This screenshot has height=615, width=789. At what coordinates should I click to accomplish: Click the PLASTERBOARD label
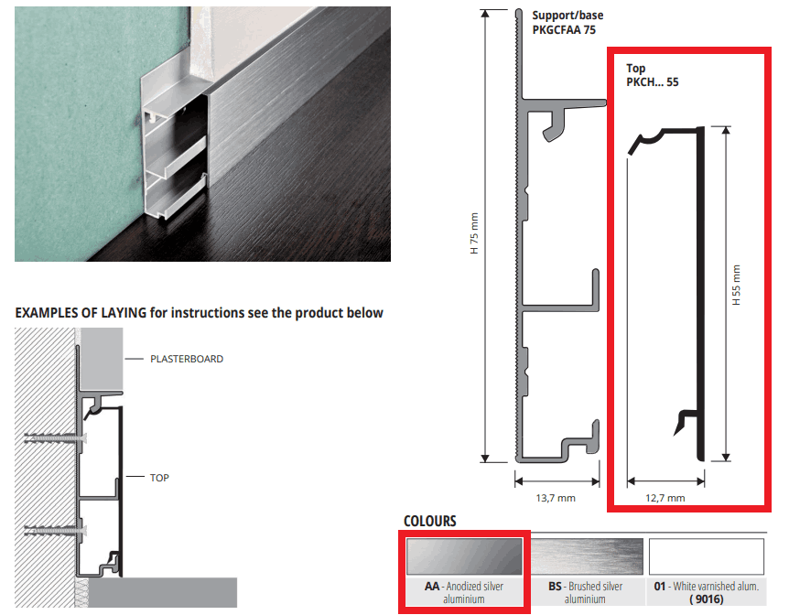[x=187, y=359]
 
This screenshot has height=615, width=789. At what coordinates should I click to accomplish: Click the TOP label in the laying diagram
[x=159, y=478]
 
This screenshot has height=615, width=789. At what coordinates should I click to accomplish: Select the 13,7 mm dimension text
[x=556, y=498]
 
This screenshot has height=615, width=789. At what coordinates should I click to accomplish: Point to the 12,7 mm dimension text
[x=665, y=498]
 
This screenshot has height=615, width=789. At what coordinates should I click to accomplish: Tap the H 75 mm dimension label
[x=474, y=233]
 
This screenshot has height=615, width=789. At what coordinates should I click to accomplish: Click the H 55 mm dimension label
[x=736, y=285]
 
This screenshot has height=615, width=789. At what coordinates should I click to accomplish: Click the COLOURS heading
[x=430, y=521]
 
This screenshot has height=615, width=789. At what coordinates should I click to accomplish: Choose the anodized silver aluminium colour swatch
[x=464, y=556]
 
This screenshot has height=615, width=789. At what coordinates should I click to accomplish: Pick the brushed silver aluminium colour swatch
[x=587, y=556]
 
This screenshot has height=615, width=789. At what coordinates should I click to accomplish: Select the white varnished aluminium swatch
[x=707, y=556]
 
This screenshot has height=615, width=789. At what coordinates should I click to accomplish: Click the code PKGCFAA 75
[x=564, y=30]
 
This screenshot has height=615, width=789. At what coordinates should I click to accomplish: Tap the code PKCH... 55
[x=652, y=82]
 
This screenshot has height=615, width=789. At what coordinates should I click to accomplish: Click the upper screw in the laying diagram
[x=55, y=438]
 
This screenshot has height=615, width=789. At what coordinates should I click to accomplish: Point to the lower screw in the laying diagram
[x=55, y=531]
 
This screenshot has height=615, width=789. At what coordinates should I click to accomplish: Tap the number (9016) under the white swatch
[x=707, y=599]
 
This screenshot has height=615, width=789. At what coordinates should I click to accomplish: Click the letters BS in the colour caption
[x=555, y=587]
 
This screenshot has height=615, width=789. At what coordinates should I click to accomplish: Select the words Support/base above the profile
[x=567, y=16]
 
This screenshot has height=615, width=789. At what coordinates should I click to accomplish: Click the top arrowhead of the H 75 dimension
[x=485, y=14]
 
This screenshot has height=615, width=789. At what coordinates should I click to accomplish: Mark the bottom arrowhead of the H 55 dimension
[x=726, y=457]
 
